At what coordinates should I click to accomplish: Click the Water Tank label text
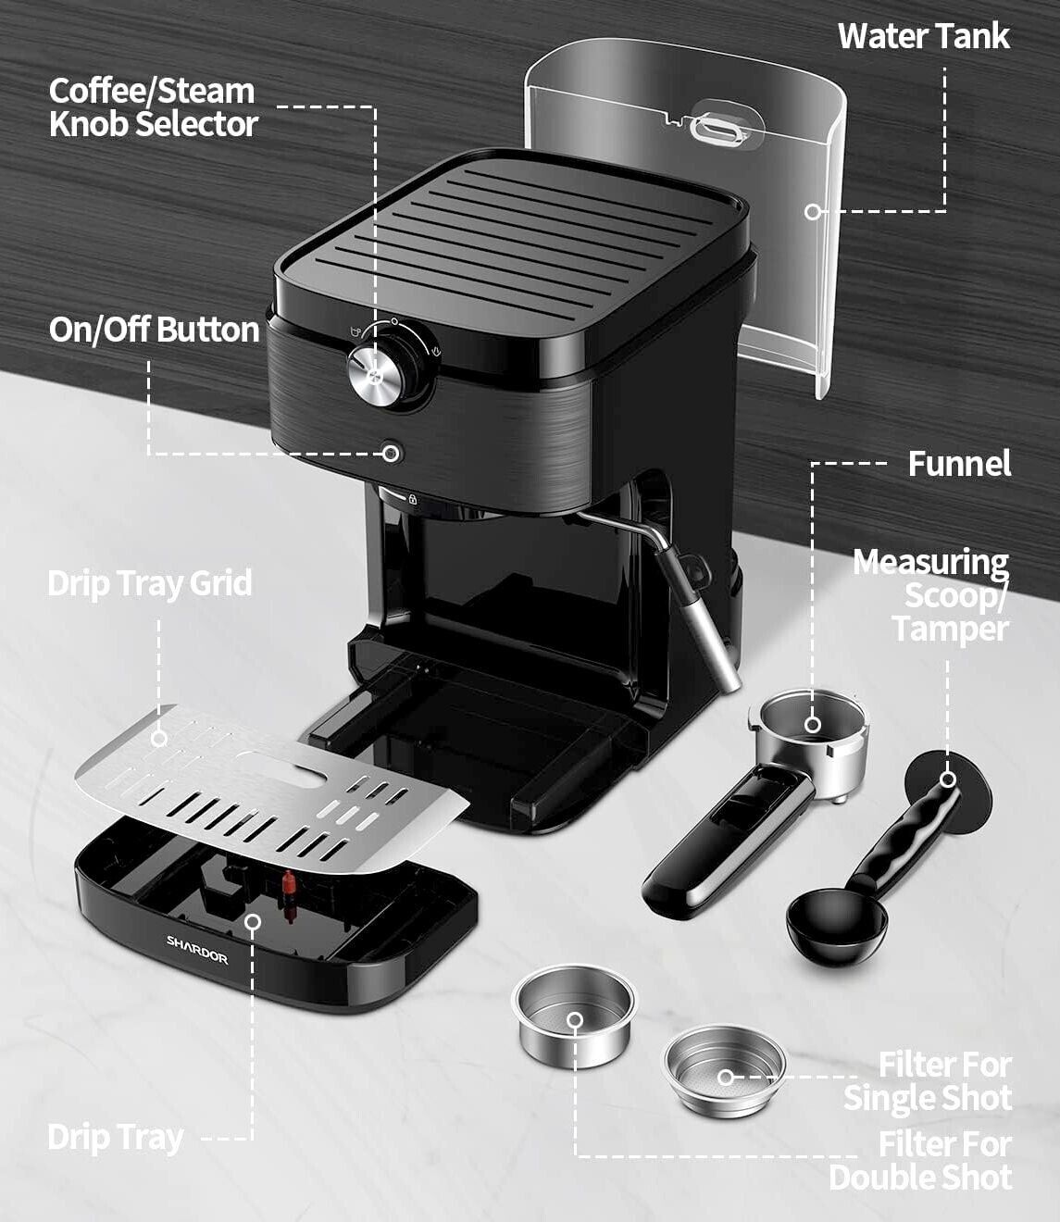[924, 36]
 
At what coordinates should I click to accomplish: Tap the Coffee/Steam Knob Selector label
[153, 107]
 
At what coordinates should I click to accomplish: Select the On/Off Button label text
[154, 330]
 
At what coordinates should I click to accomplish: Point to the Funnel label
[960, 464]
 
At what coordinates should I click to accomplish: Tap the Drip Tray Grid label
[150, 583]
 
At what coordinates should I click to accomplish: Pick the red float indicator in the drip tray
[289, 885]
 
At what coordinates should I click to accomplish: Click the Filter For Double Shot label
[921, 1162]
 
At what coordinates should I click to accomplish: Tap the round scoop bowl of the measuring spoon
[837, 925]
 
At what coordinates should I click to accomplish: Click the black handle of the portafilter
[727, 842]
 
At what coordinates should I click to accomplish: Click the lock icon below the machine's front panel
[412, 499]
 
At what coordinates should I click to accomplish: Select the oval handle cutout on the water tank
[719, 128]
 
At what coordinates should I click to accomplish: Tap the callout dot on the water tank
[813, 211]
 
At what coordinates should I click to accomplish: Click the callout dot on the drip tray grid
[159, 739]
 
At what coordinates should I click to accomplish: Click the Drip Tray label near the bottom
[116, 1138]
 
